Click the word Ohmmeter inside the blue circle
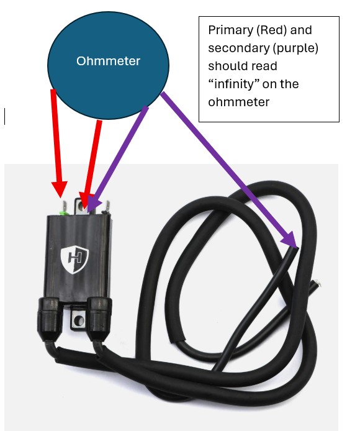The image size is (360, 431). pos(108,61)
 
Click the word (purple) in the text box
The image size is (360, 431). pos(295,48)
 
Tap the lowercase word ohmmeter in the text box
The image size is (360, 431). pos(238,102)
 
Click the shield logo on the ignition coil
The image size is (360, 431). pos(74,260)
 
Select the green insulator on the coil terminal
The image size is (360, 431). pos(63,212)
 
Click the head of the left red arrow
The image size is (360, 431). pos(60,189)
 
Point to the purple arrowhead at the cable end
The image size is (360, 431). pos(290,239)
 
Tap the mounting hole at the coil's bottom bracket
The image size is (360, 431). pos(79,320)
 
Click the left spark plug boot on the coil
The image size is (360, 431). pos(48,319)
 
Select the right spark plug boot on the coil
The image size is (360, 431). pos(99,319)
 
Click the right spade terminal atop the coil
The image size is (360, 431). pos(108,206)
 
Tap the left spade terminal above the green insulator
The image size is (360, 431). pos(65,206)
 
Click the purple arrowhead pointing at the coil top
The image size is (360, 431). pos(93,203)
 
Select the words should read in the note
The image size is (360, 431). pos(243,66)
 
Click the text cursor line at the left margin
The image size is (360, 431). pos(5,116)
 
